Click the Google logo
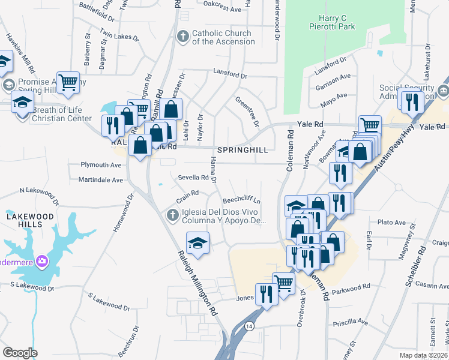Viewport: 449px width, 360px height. [20, 353]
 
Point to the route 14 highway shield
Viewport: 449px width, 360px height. [249, 325]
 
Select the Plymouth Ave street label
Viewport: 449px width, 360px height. [101, 165]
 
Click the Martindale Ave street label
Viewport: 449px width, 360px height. [101, 179]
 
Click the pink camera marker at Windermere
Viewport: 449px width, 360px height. [42, 261]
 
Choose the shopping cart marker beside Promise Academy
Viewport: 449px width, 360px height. [68, 82]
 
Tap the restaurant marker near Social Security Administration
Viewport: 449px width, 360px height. [412, 101]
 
